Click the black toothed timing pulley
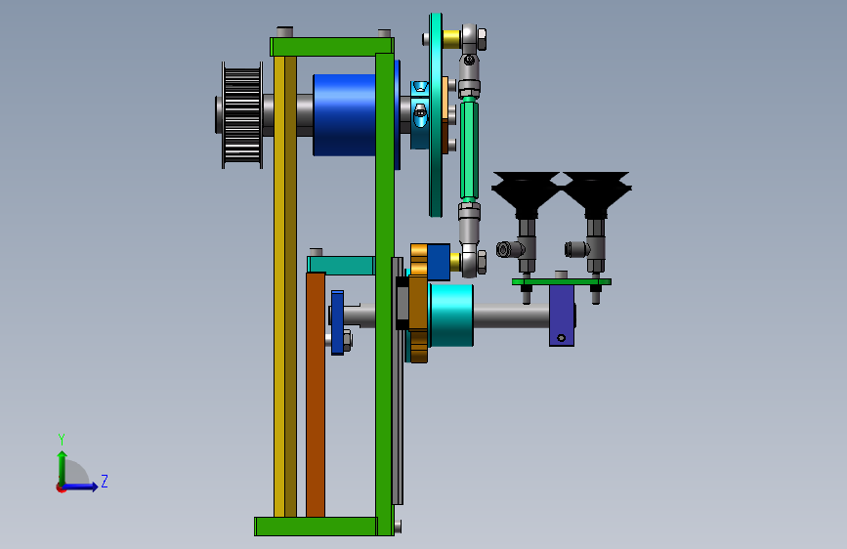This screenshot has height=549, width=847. (x=242, y=115)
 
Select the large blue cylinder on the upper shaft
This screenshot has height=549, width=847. (x=346, y=115)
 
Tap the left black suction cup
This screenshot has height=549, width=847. (x=525, y=191)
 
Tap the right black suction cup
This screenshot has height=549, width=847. (x=596, y=191)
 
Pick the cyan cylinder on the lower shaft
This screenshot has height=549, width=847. (x=451, y=316)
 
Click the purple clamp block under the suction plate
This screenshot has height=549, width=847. (x=562, y=316)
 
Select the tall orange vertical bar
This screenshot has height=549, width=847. (x=316, y=395)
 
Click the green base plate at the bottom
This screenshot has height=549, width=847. (x=316, y=527)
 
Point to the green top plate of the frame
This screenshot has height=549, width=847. (x=332, y=47)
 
